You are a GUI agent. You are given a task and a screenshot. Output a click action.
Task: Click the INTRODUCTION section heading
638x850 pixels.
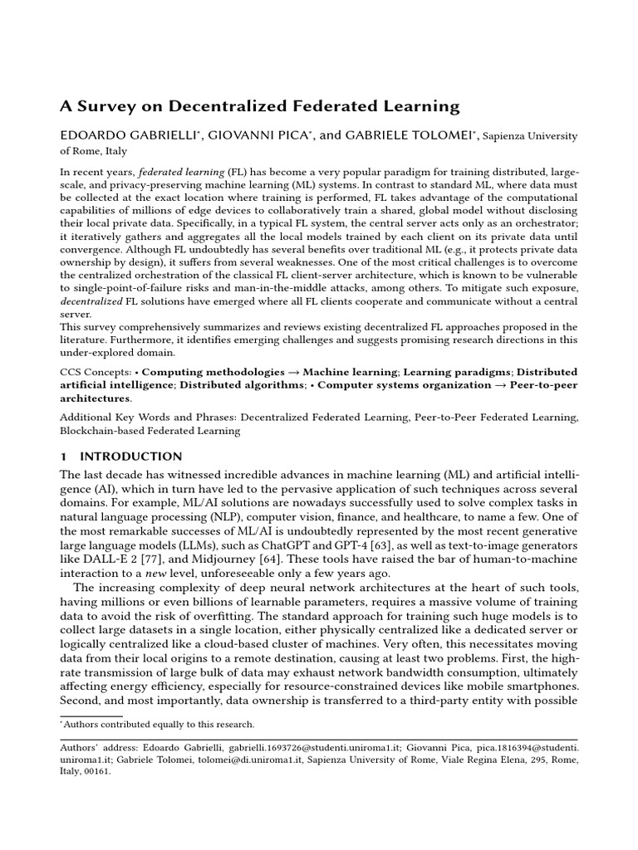coord(130,457)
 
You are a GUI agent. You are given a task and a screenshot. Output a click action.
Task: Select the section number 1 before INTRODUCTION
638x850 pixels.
coord(64,457)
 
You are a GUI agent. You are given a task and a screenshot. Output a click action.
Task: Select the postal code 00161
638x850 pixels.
coord(97,770)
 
